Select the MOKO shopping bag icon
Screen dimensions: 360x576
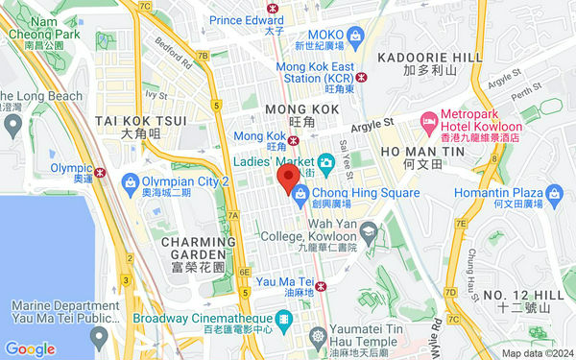355,36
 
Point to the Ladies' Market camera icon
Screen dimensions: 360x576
326,163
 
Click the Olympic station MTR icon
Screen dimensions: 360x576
101,172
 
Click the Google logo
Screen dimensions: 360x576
30,348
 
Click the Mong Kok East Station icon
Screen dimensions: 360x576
361,77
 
